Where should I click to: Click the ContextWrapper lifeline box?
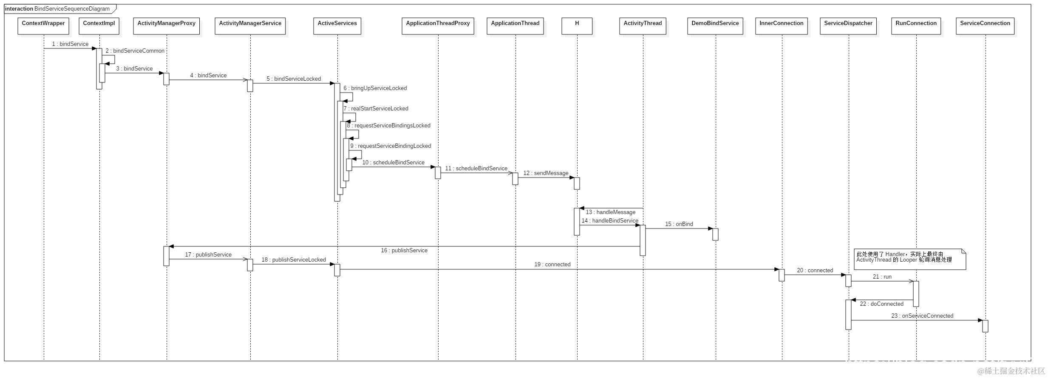[x=43, y=26]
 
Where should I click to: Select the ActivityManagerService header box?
[x=250, y=26]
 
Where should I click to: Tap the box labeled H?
[x=577, y=26]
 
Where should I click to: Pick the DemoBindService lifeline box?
[x=715, y=26]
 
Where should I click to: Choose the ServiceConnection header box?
[x=985, y=26]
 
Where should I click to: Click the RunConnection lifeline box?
[x=916, y=26]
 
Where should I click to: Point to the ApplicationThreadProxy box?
[x=438, y=26]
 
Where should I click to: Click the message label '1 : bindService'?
[x=70, y=44]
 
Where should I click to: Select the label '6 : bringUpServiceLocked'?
[x=375, y=88]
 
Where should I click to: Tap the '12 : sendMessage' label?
[x=546, y=173]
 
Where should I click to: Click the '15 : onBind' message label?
[x=679, y=224]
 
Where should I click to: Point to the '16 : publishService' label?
[x=404, y=251]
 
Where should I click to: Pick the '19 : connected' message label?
[x=552, y=265]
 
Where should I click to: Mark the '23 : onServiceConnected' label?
[x=922, y=316]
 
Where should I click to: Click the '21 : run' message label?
[x=882, y=277]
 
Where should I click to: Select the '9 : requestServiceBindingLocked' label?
[x=391, y=146]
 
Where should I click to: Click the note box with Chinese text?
[x=909, y=259]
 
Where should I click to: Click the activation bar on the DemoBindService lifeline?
[x=715, y=234]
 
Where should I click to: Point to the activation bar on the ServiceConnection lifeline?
[x=985, y=326]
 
